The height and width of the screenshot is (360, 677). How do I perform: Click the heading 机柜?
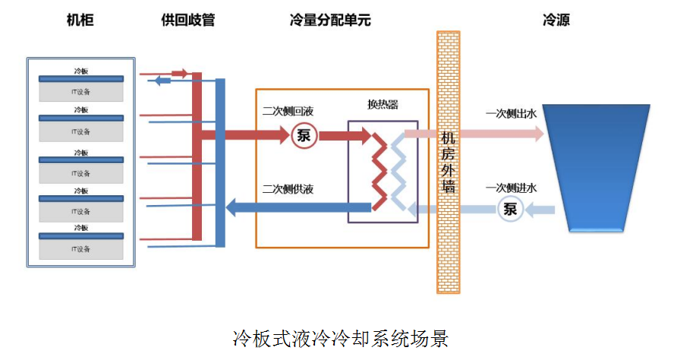click(x=80, y=21)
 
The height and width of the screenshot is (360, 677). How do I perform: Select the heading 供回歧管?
click(x=188, y=21)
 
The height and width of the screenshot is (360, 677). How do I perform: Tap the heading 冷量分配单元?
click(x=330, y=21)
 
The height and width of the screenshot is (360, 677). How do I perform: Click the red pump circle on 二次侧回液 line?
click(x=304, y=136)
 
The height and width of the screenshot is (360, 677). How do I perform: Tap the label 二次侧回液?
click(x=284, y=112)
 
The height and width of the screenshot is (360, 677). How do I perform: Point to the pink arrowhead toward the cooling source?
click(x=538, y=134)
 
